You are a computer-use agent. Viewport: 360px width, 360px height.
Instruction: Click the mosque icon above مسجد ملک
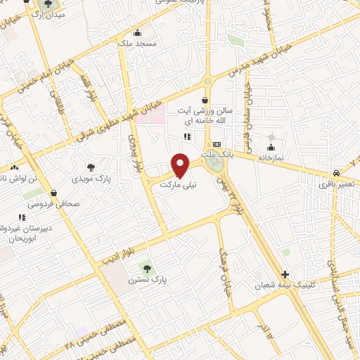coord(137,32)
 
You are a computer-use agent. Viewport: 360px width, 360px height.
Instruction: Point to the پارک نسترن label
coord(146,279)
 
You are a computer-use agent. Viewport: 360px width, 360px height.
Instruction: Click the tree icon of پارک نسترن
coord(146,267)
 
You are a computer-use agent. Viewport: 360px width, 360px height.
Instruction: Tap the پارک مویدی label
coord(91,179)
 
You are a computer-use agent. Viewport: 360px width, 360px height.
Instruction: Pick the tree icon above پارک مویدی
coord(91,167)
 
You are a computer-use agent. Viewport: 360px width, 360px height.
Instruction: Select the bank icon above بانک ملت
coord(217,143)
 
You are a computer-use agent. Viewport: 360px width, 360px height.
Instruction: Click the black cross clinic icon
coord(285,274)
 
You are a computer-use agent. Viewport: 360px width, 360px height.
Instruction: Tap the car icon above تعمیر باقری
coord(337,172)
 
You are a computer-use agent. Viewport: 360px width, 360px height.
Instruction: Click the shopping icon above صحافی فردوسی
coord(53,192)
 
